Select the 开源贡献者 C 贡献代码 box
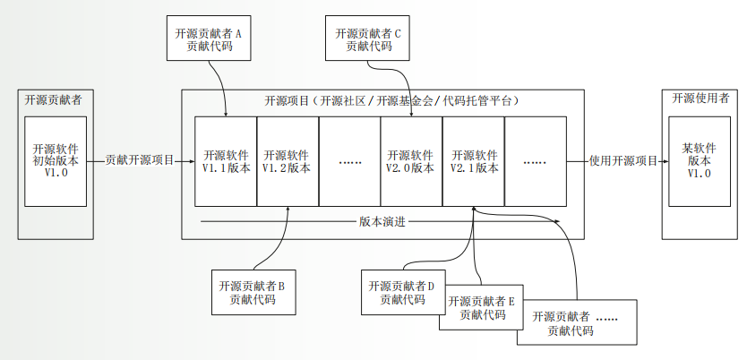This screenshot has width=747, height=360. (367, 40)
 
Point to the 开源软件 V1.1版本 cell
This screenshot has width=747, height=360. (226, 161)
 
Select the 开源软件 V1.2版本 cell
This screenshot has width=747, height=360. (287, 161)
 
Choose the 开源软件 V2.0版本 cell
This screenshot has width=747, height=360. (410, 161)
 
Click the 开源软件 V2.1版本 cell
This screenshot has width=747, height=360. (473, 161)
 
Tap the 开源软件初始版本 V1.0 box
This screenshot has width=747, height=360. (56, 161)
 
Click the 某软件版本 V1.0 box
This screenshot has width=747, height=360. (698, 161)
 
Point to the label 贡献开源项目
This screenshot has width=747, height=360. (140, 161)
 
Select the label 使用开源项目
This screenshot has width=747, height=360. (623, 161)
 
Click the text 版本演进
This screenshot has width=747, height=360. (382, 220)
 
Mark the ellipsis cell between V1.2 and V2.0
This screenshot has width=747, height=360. (348, 161)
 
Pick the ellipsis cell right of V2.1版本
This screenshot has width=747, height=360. (535, 161)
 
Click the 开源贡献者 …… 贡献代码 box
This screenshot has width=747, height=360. (576, 324)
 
